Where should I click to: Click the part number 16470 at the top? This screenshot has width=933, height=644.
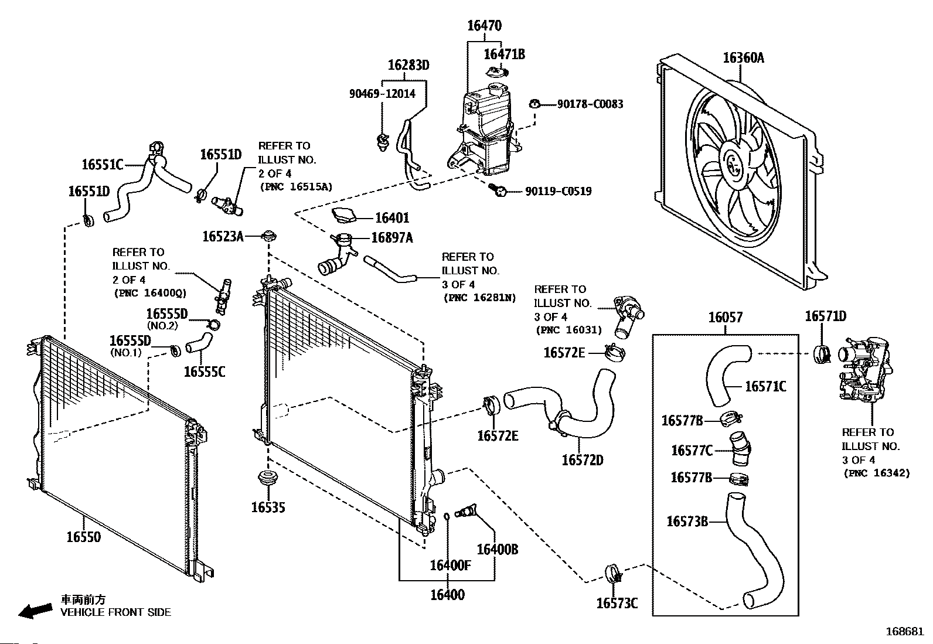coord(484,26)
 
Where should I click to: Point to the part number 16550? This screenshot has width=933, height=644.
coord(83,537)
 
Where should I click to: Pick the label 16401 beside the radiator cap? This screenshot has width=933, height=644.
coord(391,218)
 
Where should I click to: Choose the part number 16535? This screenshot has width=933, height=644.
coord(268,507)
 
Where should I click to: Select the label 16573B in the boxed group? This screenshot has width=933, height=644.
coord(687,521)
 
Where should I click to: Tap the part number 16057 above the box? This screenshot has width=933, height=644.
coord(725,318)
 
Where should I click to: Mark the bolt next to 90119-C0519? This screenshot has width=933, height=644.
coord(499,189)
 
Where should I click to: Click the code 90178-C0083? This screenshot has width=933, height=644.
coord(590,104)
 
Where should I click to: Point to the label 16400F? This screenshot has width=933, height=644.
coord(450,565)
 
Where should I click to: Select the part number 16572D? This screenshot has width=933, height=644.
coord(582,460)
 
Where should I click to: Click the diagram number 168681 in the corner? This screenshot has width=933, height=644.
coord(904,632)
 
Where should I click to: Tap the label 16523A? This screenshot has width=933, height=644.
coord(223,236)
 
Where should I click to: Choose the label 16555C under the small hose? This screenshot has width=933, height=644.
coord(204,372)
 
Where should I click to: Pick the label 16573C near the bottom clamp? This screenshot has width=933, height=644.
coord(617,603)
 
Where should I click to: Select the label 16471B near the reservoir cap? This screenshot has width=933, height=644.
coord(504,54)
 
